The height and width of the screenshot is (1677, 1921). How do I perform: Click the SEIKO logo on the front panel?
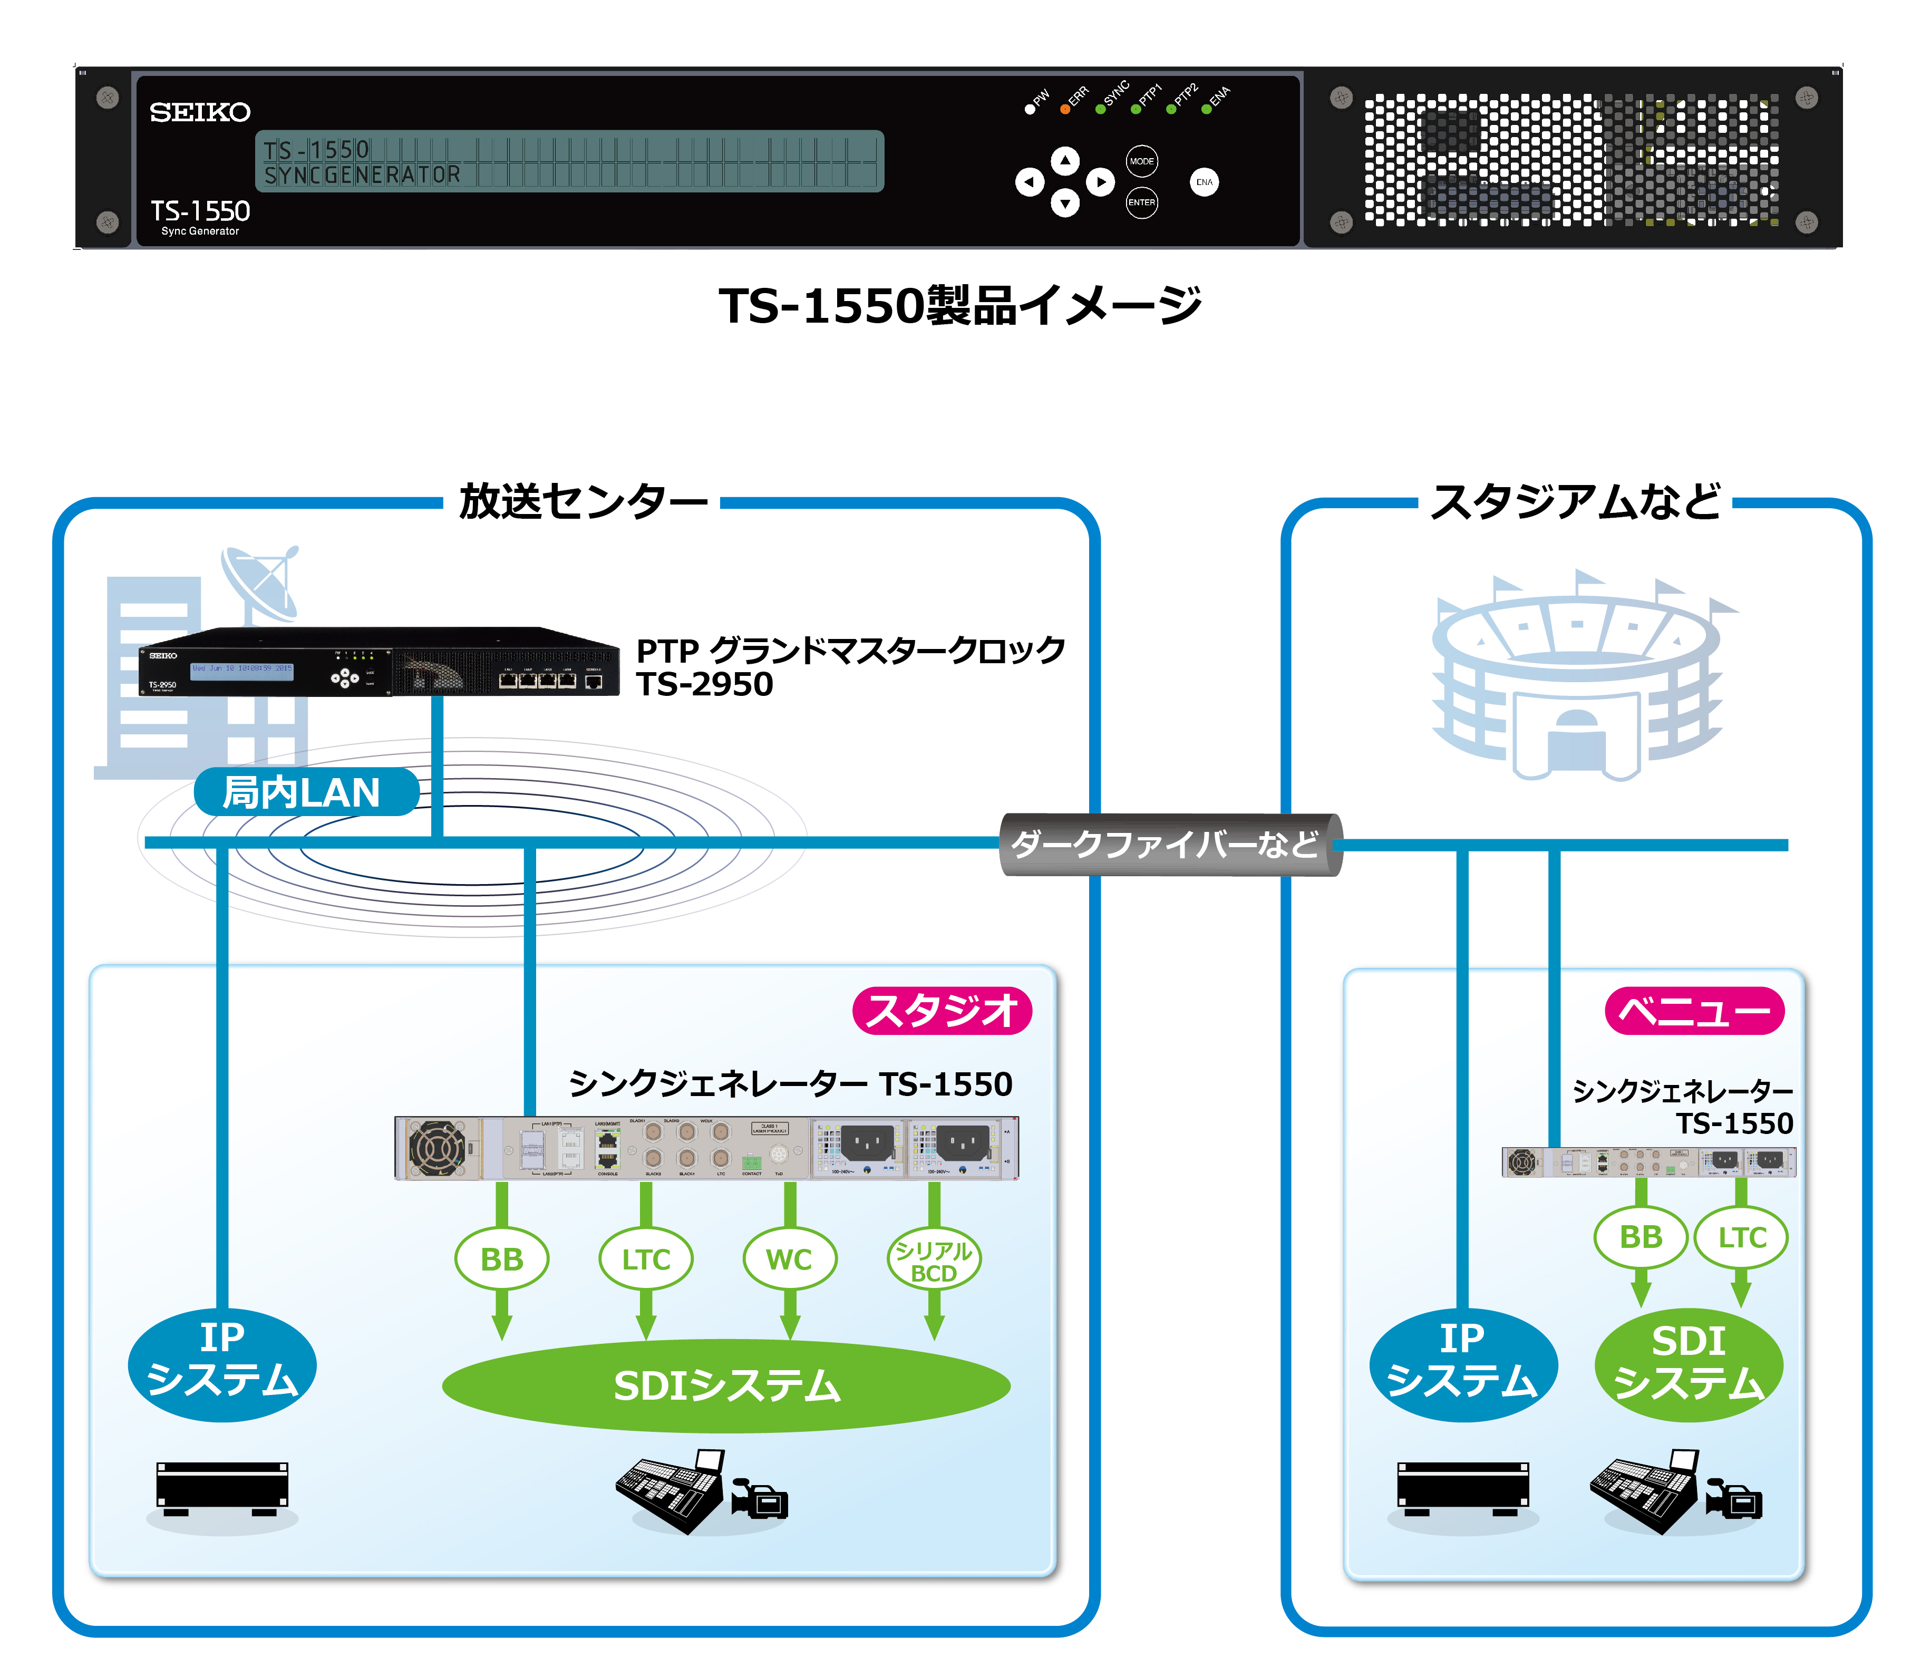(200, 112)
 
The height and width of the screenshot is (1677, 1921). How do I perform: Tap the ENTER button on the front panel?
(1141, 202)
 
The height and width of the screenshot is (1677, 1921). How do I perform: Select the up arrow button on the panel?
(1065, 161)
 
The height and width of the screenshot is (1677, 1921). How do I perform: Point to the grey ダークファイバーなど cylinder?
(1170, 844)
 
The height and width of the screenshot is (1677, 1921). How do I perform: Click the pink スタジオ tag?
(942, 1011)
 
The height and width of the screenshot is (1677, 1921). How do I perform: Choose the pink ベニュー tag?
(1694, 1011)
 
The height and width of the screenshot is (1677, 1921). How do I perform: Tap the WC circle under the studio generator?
(789, 1259)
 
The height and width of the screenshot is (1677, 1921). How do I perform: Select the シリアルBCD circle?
(933, 1259)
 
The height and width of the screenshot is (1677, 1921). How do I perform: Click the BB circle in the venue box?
(1641, 1236)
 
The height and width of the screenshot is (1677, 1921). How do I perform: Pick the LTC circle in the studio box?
(646, 1259)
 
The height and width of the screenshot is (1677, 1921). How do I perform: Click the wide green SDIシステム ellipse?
(726, 1385)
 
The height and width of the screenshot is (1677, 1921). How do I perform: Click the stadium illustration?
(1578, 678)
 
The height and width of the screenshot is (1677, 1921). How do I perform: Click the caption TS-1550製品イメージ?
(959, 306)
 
